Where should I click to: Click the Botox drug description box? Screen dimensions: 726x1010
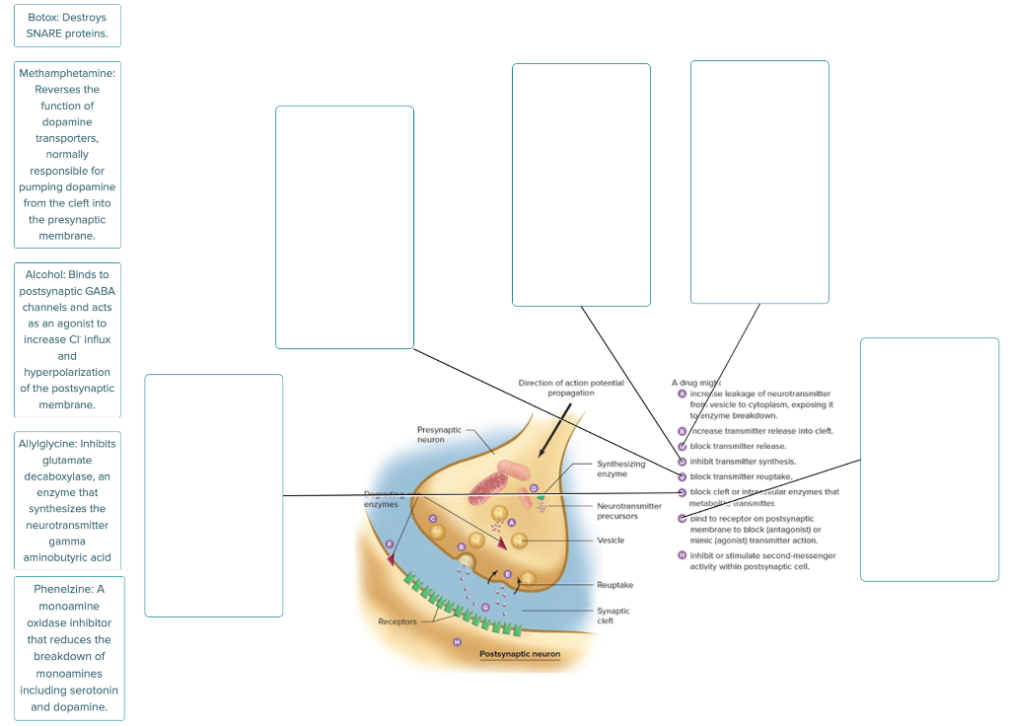[67, 26]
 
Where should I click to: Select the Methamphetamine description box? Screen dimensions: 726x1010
[67, 154]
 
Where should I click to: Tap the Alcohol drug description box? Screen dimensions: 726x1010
[67, 339]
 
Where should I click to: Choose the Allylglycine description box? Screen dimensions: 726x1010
[67, 500]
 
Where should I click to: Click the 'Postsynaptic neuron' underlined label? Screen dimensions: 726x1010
[519, 654]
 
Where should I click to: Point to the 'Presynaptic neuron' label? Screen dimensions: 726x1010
[439, 435]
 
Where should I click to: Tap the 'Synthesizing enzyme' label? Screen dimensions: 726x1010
[620, 469]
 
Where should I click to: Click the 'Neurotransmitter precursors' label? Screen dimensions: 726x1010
[629, 511]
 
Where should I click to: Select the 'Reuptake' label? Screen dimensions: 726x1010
[614, 585]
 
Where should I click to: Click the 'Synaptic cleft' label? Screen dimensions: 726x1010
[613, 616]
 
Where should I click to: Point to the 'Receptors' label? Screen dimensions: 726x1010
[397, 621]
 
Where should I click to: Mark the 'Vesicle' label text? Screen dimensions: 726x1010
[611, 541]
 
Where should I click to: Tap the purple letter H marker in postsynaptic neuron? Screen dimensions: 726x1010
[457, 642]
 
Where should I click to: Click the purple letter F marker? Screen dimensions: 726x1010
[391, 544]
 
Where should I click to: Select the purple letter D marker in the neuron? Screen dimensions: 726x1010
[534, 488]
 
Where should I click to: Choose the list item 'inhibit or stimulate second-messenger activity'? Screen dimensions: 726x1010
[762, 561]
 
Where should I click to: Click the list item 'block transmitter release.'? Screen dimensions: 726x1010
[738, 446]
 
